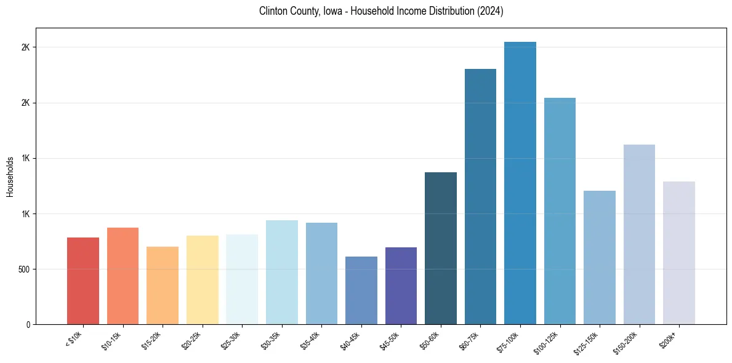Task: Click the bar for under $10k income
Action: tap(83, 281)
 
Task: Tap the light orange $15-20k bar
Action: tap(163, 285)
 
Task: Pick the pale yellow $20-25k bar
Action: tap(203, 280)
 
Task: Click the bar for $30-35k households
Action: tap(282, 272)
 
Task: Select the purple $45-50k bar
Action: tap(401, 285)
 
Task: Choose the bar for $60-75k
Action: tap(480, 196)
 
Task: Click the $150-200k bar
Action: tap(639, 234)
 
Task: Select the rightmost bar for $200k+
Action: tap(679, 253)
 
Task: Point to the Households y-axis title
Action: tap(10, 177)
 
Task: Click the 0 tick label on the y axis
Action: tap(27, 325)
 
